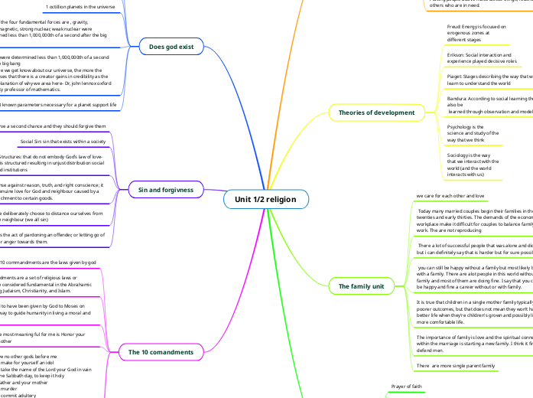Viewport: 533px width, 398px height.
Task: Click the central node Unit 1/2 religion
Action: (x=265, y=200)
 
